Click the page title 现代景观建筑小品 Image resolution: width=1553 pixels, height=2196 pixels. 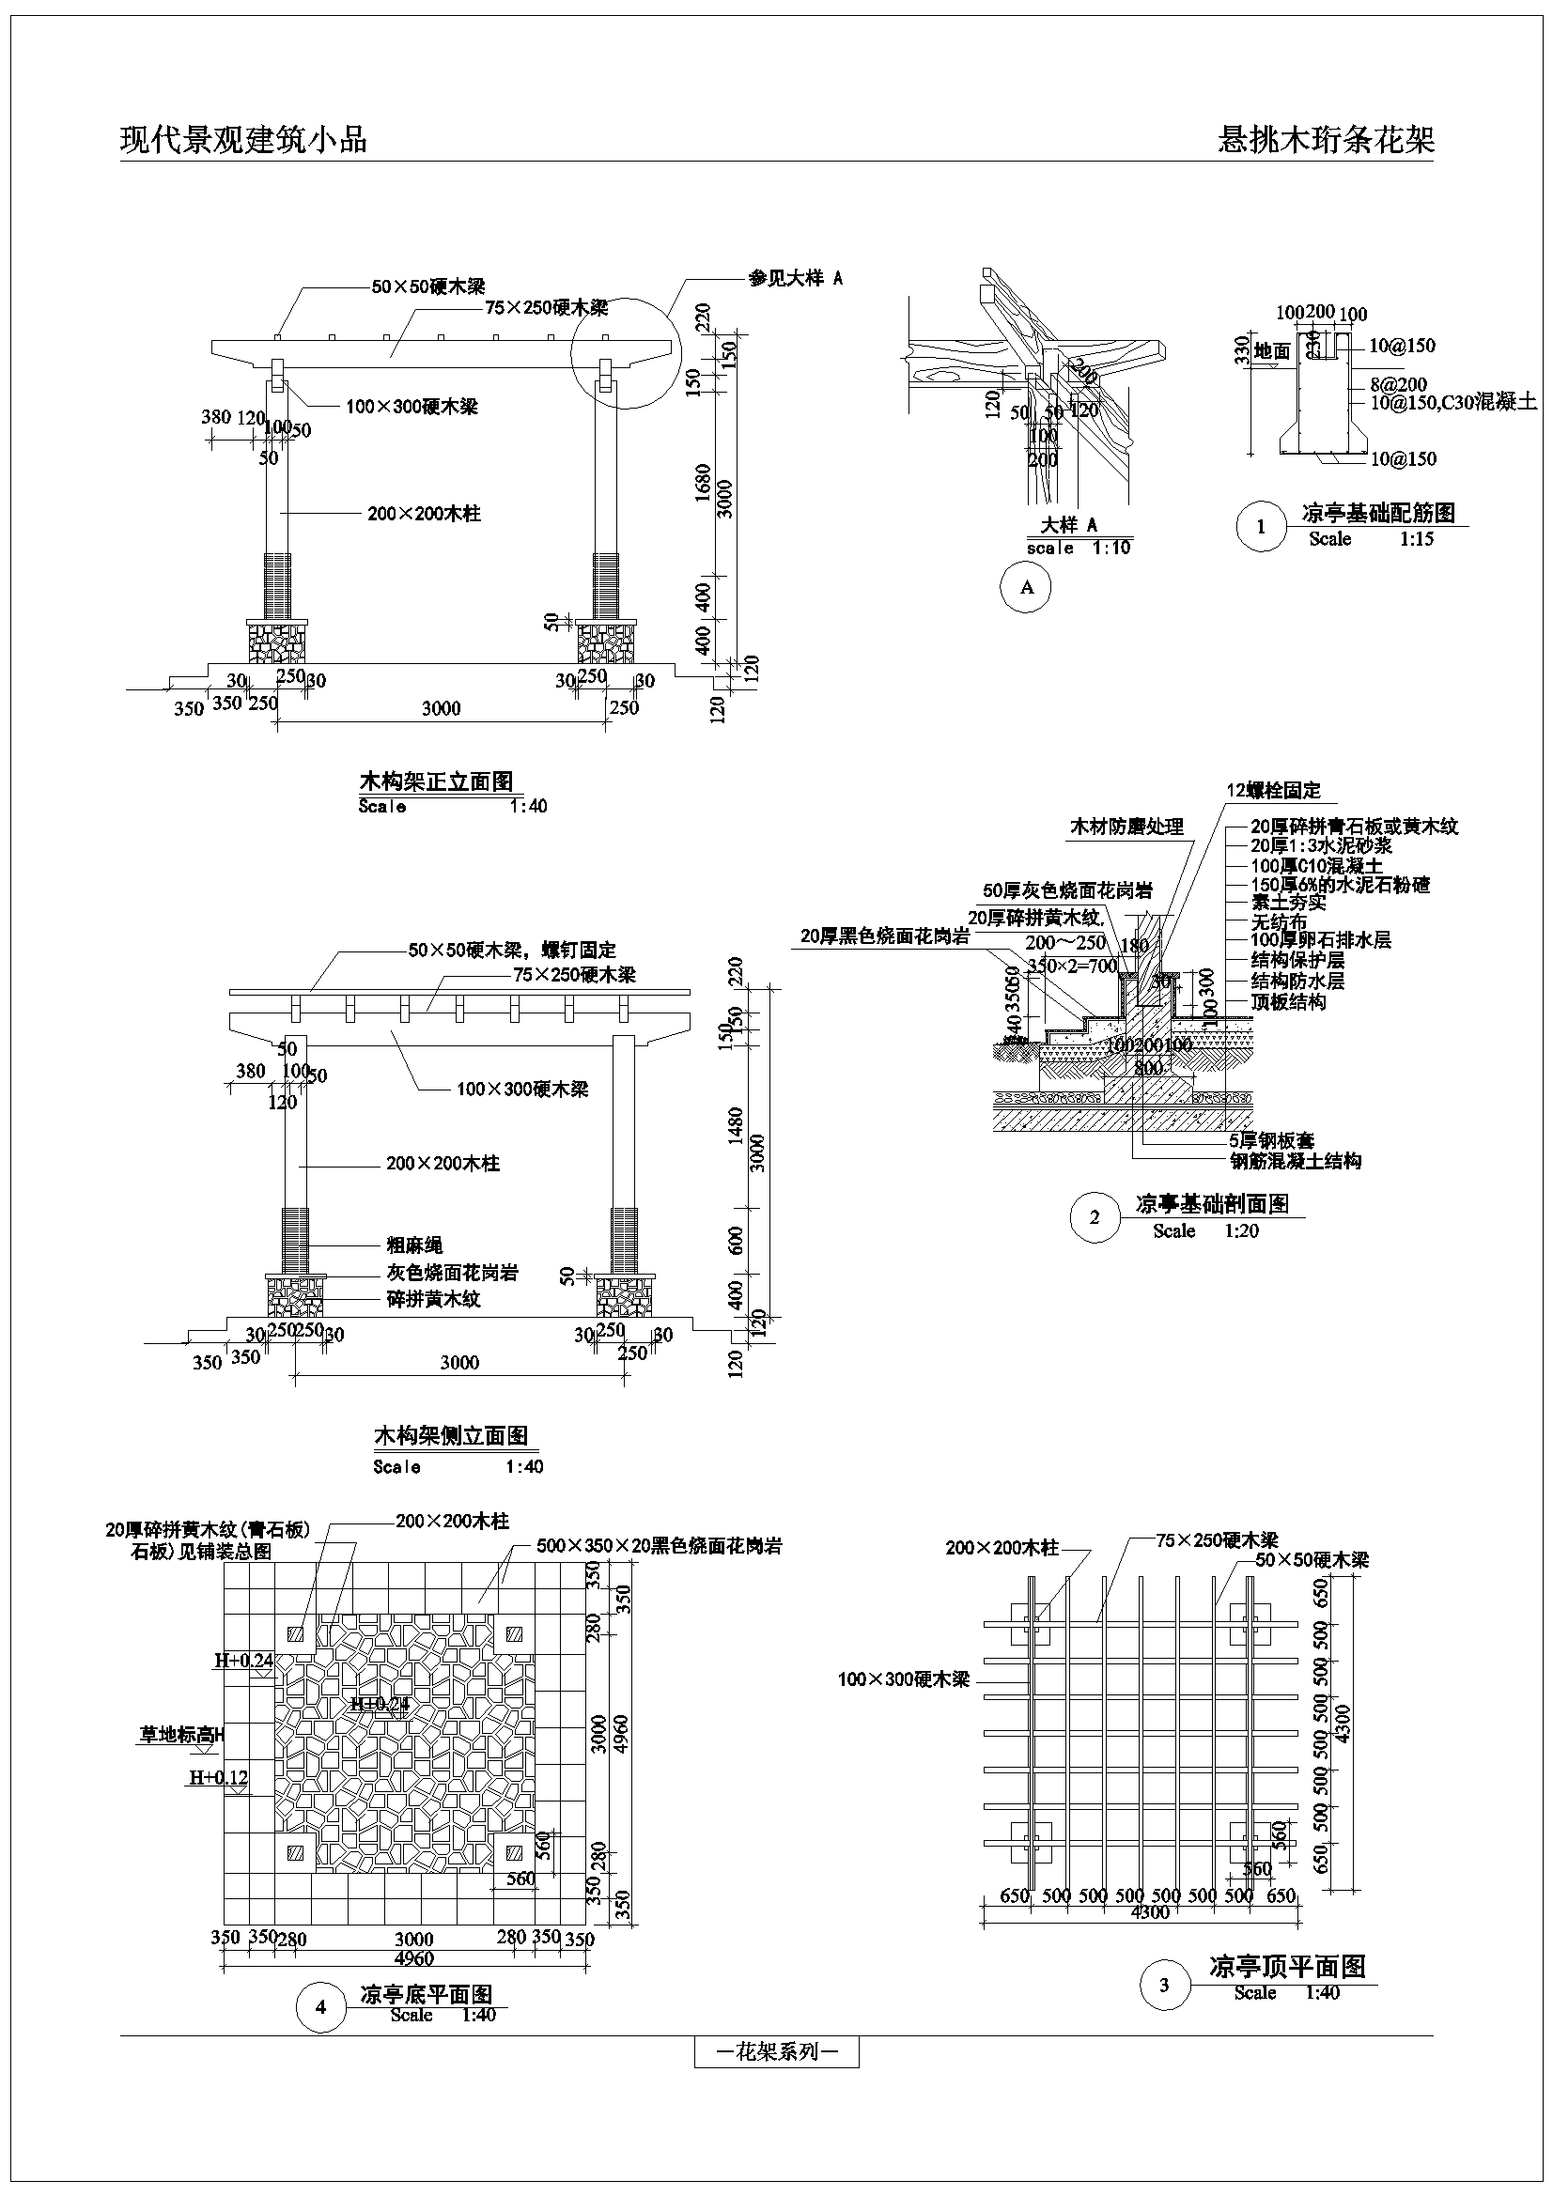point(243,140)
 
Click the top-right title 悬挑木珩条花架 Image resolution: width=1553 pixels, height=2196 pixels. point(1326,140)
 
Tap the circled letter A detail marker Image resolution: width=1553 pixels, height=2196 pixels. point(1027,587)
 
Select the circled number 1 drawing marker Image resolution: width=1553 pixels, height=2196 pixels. point(1260,526)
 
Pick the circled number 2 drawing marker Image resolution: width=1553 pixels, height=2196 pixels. point(1095,1217)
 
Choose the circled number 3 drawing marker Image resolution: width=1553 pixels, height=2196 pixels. point(1164,1985)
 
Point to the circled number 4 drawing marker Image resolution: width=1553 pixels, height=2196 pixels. point(320,2006)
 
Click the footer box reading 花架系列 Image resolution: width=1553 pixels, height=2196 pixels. point(776,2051)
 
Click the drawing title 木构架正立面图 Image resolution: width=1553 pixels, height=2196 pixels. point(436,781)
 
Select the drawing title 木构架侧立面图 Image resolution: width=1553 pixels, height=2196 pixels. point(450,1435)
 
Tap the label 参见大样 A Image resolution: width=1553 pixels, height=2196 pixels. point(795,278)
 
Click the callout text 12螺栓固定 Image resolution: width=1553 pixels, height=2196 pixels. point(1274,790)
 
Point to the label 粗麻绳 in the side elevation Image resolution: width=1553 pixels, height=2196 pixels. point(414,1245)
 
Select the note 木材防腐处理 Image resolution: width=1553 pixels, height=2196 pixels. point(1126,827)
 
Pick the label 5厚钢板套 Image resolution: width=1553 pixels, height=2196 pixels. point(1272,1140)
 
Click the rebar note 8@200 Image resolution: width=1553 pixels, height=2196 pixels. point(1398,384)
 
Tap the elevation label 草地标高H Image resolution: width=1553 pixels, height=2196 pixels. point(179,1734)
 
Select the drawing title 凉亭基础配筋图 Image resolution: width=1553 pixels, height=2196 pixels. point(1378,513)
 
